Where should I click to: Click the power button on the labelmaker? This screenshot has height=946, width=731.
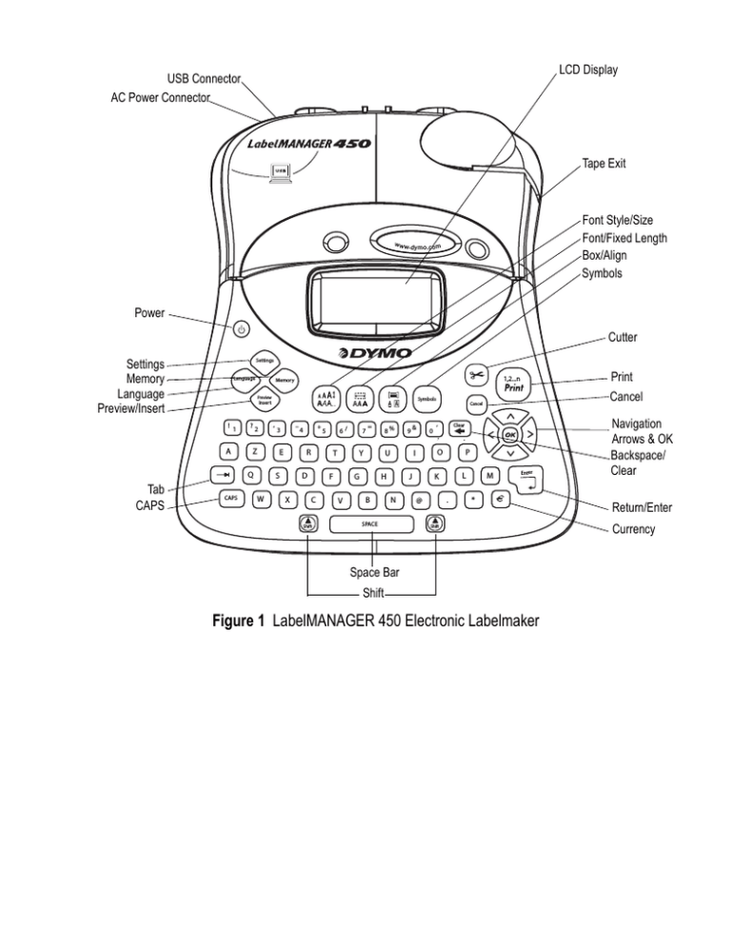pos(242,329)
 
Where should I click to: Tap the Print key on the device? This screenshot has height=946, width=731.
pos(514,384)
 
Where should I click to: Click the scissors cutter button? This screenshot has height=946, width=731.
pos(477,375)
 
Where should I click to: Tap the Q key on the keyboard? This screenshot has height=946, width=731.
pos(249,472)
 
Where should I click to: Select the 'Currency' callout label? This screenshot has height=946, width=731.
pos(633,529)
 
